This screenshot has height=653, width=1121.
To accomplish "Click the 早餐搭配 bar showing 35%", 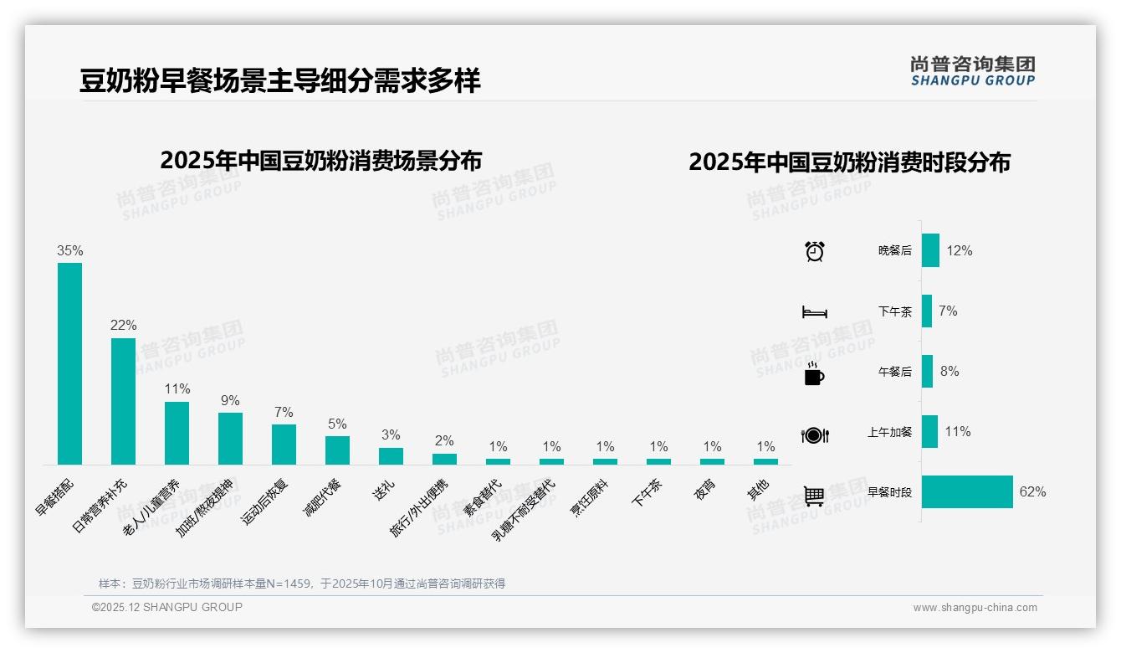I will tap(69, 363).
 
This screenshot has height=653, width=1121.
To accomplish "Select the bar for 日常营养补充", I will tap(123, 401).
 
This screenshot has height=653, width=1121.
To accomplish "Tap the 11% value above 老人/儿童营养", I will tap(177, 389).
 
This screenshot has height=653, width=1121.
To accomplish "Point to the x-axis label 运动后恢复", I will tap(265, 501).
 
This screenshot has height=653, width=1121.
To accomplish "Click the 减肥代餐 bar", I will tap(337, 450).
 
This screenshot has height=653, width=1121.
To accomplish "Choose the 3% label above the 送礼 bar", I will tap(391, 435).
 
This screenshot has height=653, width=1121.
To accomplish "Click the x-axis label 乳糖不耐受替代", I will tap(524, 510).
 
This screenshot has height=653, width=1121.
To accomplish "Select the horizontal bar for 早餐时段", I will tap(967, 492).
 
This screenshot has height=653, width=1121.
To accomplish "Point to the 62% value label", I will tap(1032, 492).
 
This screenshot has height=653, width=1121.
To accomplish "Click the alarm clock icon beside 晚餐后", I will tap(815, 251).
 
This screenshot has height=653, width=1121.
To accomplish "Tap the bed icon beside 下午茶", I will tap(815, 312).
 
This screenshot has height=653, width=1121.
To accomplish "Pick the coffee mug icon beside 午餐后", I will tap(814, 373).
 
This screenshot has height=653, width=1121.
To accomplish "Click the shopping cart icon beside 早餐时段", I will tap(814, 496).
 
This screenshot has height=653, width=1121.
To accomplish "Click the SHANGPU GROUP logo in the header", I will tap(972, 71).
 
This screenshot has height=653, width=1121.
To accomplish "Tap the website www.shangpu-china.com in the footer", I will tap(975, 608).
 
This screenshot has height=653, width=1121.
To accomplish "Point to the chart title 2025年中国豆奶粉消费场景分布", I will tap(321, 161).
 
